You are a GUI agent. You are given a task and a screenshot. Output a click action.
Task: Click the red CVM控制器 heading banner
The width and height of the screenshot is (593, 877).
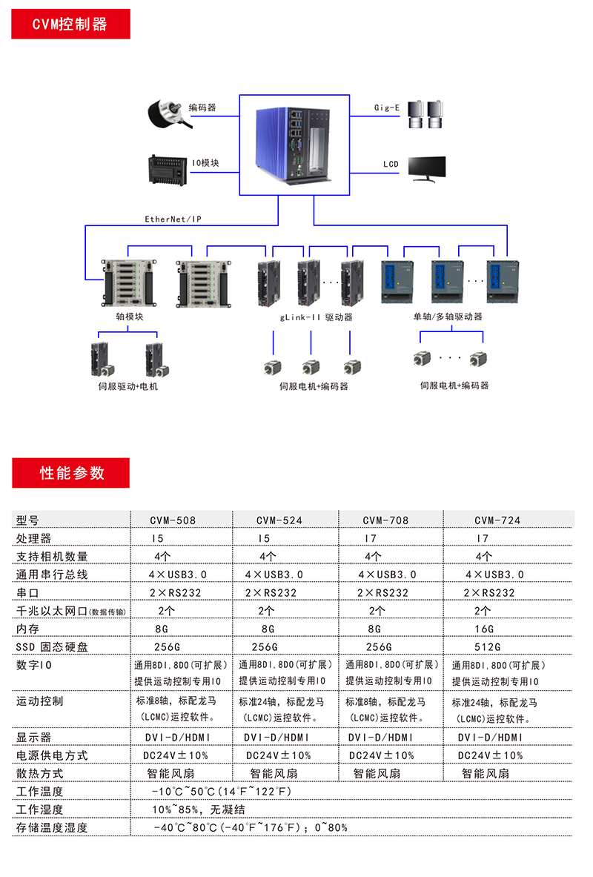(x=70, y=24)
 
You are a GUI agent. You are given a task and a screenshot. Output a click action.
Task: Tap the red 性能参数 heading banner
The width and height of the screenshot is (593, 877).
(x=70, y=473)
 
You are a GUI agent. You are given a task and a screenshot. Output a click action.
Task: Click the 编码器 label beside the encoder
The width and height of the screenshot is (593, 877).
(x=202, y=108)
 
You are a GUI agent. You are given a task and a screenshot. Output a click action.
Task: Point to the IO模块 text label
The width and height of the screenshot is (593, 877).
(x=205, y=163)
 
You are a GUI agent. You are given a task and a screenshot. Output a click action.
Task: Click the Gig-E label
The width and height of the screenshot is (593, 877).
(x=386, y=108)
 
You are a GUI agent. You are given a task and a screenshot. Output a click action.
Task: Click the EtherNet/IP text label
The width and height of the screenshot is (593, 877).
(x=173, y=219)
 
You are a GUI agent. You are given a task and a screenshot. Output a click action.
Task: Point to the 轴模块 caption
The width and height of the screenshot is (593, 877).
(x=129, y=317)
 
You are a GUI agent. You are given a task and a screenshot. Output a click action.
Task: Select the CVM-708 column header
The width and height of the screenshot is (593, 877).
(x=385, y=520)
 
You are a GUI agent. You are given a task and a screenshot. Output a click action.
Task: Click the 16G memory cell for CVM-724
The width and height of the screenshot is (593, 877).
(x=483, y=629)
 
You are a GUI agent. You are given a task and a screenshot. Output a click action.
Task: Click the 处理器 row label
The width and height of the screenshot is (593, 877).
(x=34, y=538)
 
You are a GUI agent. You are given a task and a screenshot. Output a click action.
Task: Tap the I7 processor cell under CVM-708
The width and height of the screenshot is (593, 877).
(x=377, y=538)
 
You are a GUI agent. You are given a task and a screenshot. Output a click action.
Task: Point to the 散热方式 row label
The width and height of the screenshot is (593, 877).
(x=40, y=773)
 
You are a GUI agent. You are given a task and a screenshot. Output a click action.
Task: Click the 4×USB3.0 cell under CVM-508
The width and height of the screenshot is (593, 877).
(x=178, y=575)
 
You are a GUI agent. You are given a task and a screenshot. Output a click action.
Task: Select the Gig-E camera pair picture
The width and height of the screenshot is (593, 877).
(x=425, y=116)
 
